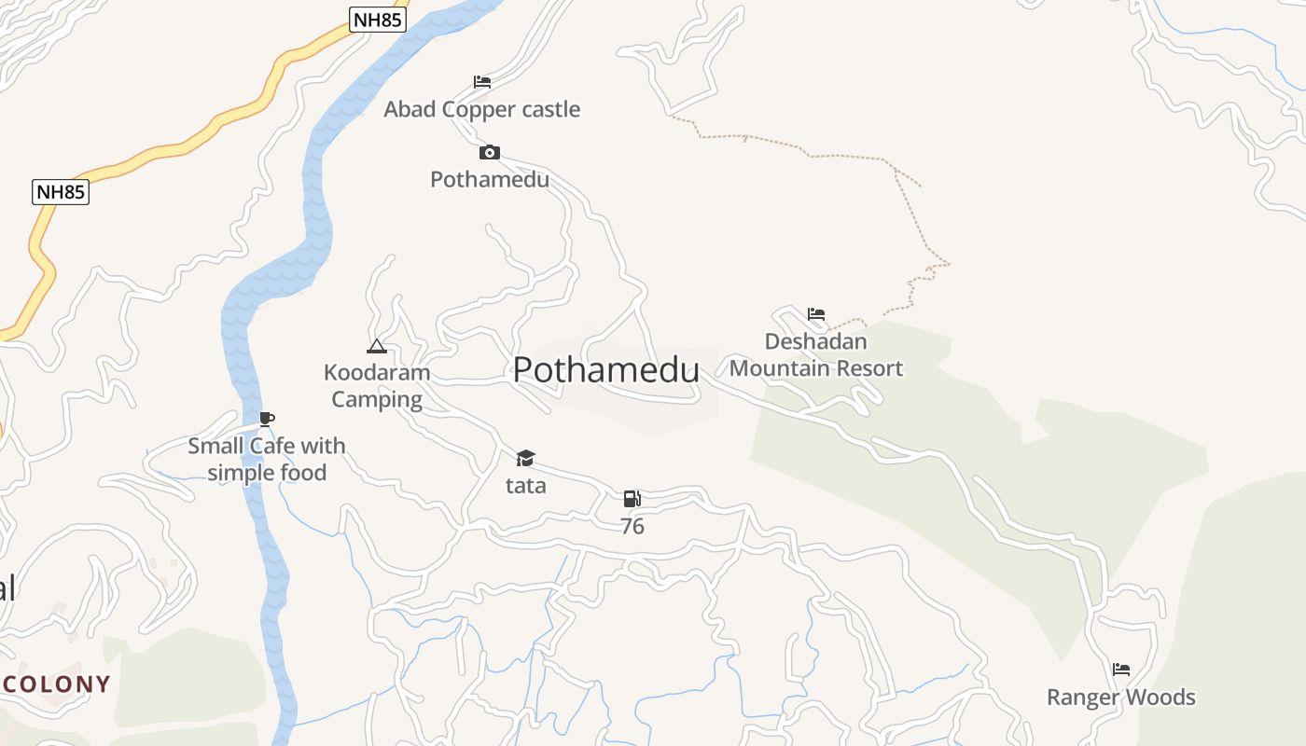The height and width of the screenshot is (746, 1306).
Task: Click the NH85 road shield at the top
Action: [x=378, y=20]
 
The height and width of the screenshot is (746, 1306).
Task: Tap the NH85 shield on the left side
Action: [x=61, y=192]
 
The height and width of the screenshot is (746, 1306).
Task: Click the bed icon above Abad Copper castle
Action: [x=482, y=82]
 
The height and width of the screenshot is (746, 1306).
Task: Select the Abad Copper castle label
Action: [x=482, y=109]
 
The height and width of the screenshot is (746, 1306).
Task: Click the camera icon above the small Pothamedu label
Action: [x=490, y=152]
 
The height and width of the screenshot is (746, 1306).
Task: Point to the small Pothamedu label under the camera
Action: [x=490, y=179]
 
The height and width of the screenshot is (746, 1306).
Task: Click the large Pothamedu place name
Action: [x=606, y=370]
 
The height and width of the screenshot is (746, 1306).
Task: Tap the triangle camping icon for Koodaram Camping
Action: [x=377, y=347]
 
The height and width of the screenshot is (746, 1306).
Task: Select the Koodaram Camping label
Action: [x=377, y=386]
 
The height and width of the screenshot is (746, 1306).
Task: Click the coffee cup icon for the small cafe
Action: [x=267, y=419]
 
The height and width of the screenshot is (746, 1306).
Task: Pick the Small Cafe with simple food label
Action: [x=267, y=459]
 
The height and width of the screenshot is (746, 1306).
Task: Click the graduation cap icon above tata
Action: [x=526, y=458]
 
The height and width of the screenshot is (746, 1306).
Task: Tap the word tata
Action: [x=526, y=486]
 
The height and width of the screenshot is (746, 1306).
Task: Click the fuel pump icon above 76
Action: [x=632, y=499]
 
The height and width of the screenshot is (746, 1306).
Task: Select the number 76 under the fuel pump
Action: [x=632, y=527]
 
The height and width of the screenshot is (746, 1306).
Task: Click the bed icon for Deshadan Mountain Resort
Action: [x=816, y=314]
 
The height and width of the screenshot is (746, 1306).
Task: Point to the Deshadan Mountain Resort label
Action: [x=816, y=354]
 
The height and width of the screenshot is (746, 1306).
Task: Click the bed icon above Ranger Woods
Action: [x=1121, y=670]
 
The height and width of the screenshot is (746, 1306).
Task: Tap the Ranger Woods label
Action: [x=1121, y=698]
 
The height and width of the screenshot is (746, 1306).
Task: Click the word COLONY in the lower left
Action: [x=56, y=684]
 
